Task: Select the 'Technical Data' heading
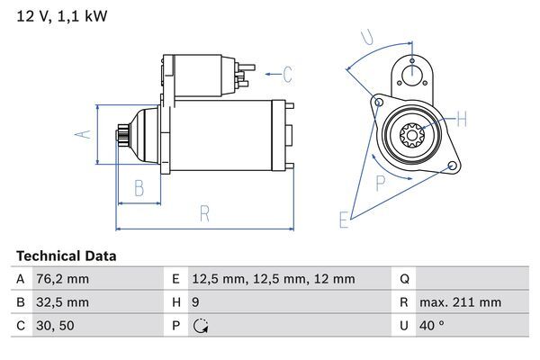66,256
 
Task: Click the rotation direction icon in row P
201,326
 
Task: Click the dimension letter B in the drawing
139,188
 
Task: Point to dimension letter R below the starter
204,213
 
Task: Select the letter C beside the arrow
287,74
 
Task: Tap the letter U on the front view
366,37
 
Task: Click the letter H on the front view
461,119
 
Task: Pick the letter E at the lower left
343,219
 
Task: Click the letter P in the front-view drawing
380,183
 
